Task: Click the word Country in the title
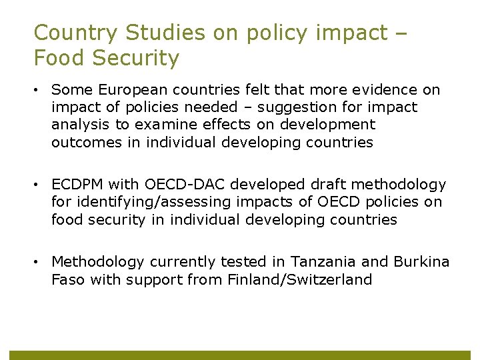[x=71, y=33]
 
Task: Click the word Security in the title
[x=137, y=58]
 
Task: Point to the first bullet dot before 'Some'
[x=38, y=90]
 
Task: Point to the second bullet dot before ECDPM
[x=38, y=185]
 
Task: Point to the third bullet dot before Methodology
[x=38, y=262]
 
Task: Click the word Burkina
[x=421, y=262]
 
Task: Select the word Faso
[x=68, y=279]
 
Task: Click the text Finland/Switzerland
[x=299, y=279]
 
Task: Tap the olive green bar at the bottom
[x=240, y=355]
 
